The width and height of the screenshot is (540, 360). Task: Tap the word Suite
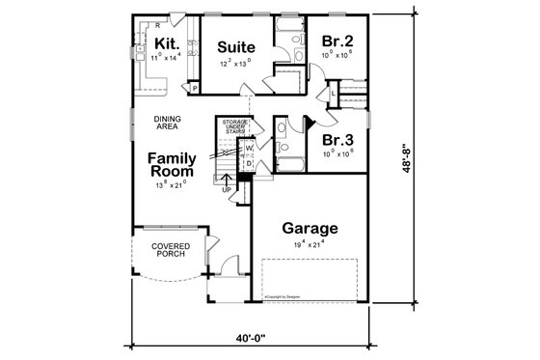(x=234, y=46)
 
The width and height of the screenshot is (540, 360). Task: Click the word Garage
(x=310, y=229)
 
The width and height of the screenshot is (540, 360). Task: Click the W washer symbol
(x=248, y=148)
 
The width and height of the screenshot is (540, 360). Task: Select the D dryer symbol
(x=248, y=164)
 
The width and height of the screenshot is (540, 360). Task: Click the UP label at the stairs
(x=227, y=189)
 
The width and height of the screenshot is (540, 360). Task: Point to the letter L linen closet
(x=332, y=92)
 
